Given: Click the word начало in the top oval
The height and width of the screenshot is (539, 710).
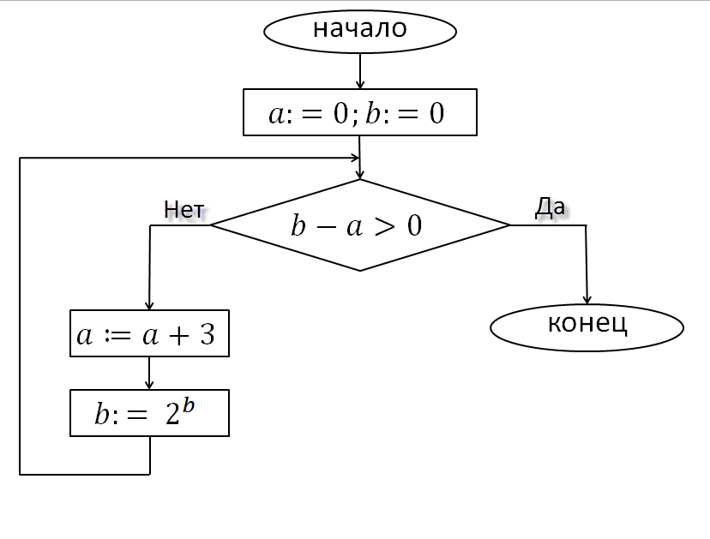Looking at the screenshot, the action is pos(360,28).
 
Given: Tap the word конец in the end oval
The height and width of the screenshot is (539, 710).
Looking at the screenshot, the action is pos(587,324).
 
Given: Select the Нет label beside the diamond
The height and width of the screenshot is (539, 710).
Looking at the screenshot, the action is pos(184,210).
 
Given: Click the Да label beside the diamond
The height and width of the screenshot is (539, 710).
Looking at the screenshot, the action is pos(550,207).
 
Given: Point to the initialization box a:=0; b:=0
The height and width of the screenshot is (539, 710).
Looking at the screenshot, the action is pos(360,112).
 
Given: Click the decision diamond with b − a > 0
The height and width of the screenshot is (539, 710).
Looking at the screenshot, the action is pos(360,225).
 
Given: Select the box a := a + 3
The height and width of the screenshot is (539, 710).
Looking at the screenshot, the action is pos(149,333).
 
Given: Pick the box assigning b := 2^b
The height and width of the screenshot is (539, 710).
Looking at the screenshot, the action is pos(149,413).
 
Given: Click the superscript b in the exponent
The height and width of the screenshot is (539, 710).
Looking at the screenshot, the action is pos(189,405).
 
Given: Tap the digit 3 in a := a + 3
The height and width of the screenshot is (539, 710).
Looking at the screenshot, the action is pos(208,335).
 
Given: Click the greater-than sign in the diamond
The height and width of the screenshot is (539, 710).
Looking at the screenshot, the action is pos(385,226).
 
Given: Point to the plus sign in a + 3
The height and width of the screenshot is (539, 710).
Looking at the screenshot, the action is pos(179,336).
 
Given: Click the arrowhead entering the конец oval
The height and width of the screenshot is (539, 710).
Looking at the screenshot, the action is pos(587,300).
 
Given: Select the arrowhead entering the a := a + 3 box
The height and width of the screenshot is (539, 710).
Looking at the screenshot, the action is pos(149,305).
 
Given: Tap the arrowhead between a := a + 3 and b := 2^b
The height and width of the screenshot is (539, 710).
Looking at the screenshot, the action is pos(149,385).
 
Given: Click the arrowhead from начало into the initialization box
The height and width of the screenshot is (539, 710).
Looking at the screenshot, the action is pos(360,84).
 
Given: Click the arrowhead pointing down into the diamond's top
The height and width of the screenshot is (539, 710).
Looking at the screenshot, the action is pos(360,174).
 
